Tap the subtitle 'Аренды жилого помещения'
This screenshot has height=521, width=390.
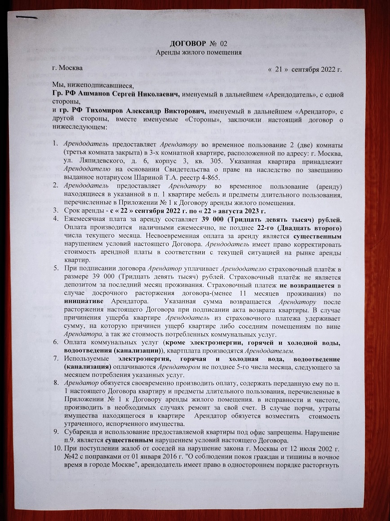click(x=199, y=53)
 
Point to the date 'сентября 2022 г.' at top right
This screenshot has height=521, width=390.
click(x=316, y=70)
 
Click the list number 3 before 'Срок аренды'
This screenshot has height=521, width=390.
click(x=55, y=211)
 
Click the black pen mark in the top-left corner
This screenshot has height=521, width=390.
click(x=26, y=18)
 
